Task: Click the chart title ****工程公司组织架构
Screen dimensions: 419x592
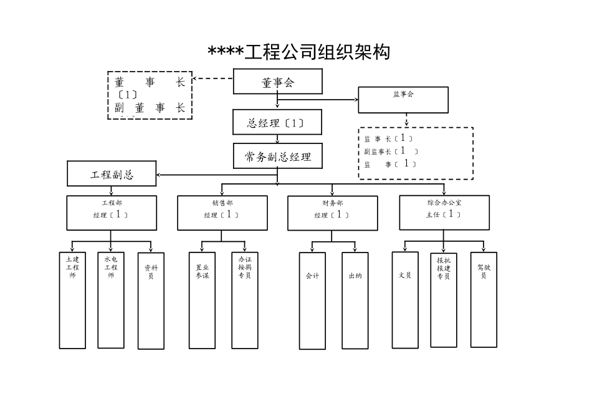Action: tap(299, 52)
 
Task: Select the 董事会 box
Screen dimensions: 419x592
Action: tap(278, 82)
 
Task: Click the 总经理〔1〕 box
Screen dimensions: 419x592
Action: tap(277, 123)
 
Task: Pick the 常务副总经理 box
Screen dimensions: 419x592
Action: tap(278, 157)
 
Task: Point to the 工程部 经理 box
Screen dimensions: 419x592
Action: tap(112, 213)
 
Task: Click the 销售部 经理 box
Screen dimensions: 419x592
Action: tap(222, 213)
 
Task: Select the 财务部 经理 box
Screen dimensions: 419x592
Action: tap(332, 213)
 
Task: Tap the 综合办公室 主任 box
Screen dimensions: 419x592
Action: tap(444, 212)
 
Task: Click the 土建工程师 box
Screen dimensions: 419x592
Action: tap(72, 300)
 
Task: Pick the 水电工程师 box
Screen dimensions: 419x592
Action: tap(111, 300)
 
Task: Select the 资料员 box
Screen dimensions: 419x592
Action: tap(150, 301)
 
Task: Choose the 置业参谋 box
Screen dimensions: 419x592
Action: tap(202, 300)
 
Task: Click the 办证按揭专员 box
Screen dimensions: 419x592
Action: tap(244, 300)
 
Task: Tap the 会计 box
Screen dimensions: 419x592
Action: tap(312, 301)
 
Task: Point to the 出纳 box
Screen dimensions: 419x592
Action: tap(355, 301)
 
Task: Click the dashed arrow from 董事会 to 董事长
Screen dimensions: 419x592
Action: tap(212, 79)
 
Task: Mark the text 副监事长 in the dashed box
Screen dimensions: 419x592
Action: tap(378, 152)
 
